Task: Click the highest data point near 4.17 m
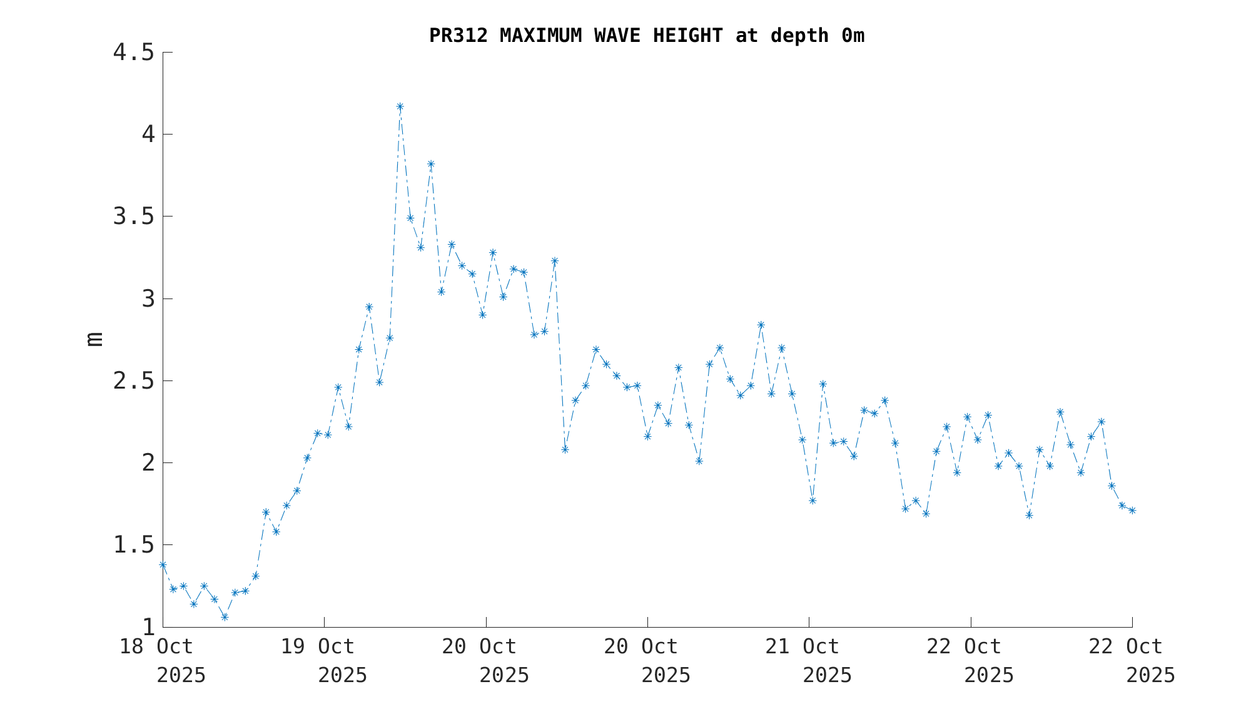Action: (400, 106)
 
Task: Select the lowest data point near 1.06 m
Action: (225, 617)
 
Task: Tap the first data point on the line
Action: (163, 564)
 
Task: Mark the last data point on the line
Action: (1132, 511)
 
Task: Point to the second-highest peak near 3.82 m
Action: (431, 164)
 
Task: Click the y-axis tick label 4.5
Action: (133, 53)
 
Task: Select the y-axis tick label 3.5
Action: (133, 217)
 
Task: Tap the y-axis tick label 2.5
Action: (133, 381)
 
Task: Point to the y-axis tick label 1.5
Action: (133, 545)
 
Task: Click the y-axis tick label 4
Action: (148, 135)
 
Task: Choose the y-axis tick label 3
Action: (148, 299)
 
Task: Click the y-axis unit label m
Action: (95, 339)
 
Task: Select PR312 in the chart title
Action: (458, 36)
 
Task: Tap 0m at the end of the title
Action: (853, 36)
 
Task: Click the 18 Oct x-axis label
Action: (156, 646)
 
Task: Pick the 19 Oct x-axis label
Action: (318, 646)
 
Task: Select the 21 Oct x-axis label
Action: (803, 646)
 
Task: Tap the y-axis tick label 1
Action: (148, 627)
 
